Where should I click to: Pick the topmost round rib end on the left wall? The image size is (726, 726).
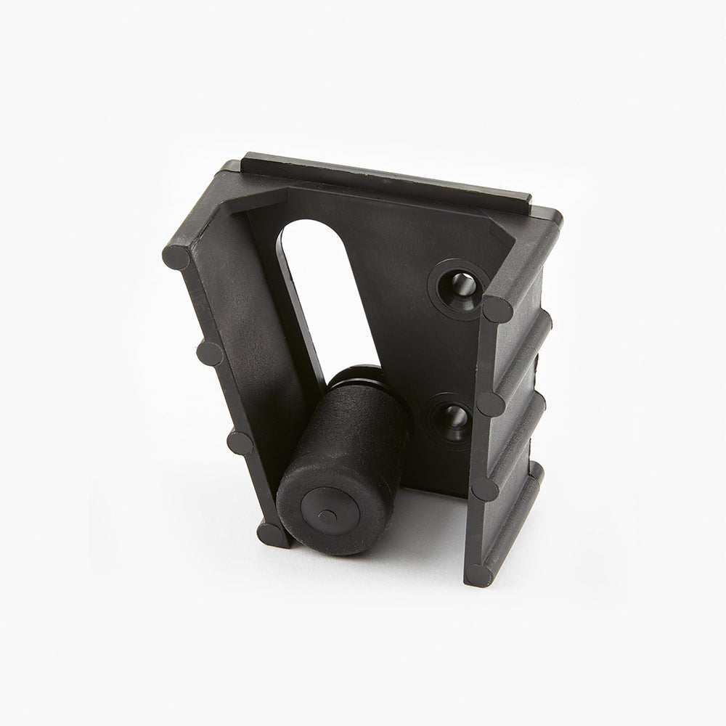[x=176, y=257]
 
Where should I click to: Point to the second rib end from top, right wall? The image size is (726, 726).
[x=491, y=404]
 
